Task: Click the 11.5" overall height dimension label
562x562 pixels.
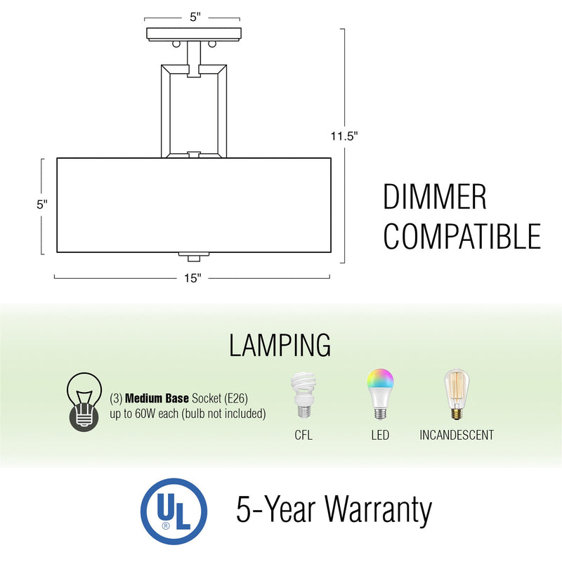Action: (345, 136)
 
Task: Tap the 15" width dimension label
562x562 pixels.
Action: (193, 278)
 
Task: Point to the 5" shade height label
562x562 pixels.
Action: (42, 204)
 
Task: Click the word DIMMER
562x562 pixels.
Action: (434, 197)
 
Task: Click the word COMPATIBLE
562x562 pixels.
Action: (462, 237)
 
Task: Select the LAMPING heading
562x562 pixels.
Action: (280, 345)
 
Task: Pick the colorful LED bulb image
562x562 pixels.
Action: (379, 395)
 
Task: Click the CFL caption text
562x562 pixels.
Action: (303, 436)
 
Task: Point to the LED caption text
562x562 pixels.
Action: (379, 436)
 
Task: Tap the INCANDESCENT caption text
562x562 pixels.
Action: (457, 436)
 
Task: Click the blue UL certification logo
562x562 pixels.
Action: (174, 511)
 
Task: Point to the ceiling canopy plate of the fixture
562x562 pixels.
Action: (194, 33)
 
